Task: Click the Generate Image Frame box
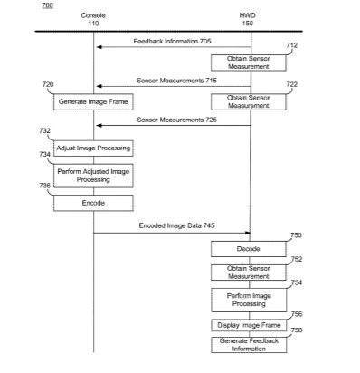[93, 101]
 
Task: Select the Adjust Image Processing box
[93, 148]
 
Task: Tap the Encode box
[93, 203]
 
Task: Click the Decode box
[249, 249]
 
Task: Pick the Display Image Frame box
[249, 325]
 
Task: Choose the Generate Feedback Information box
[249, 345]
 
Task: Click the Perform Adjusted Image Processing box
[93, 176]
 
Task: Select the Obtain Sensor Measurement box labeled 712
[249, 62]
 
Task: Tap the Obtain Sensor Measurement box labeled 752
[249, 273]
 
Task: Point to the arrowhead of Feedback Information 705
[99, 47]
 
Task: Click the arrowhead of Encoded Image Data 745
[248, 233]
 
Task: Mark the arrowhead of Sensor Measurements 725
[99, 126]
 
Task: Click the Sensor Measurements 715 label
[176, 81]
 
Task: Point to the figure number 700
[48, 5]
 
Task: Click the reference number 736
[44, 186]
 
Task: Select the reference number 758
[297, 330]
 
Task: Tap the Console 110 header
[93, 19]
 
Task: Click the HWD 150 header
[248, 19]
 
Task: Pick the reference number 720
[48, 84]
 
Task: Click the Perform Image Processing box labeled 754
[249, 300]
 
